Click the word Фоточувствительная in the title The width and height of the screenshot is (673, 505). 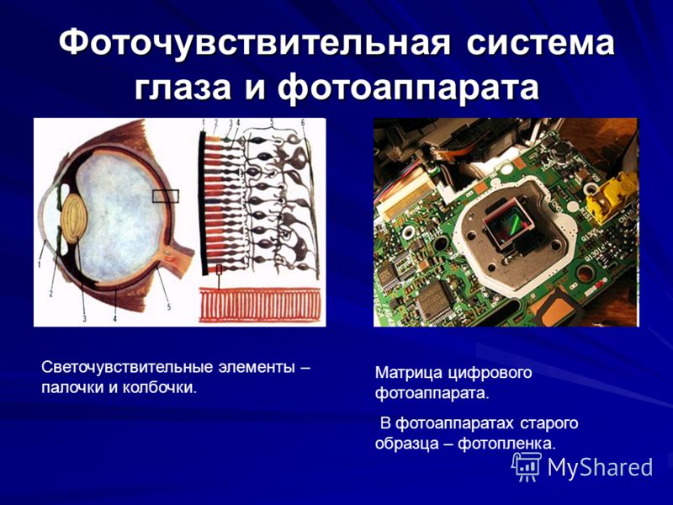click(255, 43)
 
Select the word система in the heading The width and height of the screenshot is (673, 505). click(541, 44)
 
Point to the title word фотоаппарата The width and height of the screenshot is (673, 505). click(408, 88)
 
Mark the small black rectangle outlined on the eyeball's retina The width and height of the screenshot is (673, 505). click(165, 196)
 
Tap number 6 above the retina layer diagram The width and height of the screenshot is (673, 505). click(303, 123)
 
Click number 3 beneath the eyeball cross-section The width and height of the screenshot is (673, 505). click(85, 318)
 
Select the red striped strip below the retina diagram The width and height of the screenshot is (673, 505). click(260, 305)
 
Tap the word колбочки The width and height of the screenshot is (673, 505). click(160, 388)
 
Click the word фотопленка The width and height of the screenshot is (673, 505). click(507, 444)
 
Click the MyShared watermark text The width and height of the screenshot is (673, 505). click(601, 467)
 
